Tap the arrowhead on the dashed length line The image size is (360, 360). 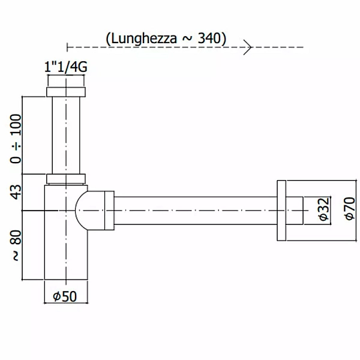(x=248, y=47)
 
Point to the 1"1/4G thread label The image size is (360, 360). (x=66, y=67)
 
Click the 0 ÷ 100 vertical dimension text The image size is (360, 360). (x=16, y=139)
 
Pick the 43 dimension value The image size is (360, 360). (x=16, y=192)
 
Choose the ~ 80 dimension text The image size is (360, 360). (x=16, y=245)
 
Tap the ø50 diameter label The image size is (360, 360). (x=65, y=296)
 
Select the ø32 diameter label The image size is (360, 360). (x=325, y=209)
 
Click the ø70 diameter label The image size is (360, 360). (x=350, y=208)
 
